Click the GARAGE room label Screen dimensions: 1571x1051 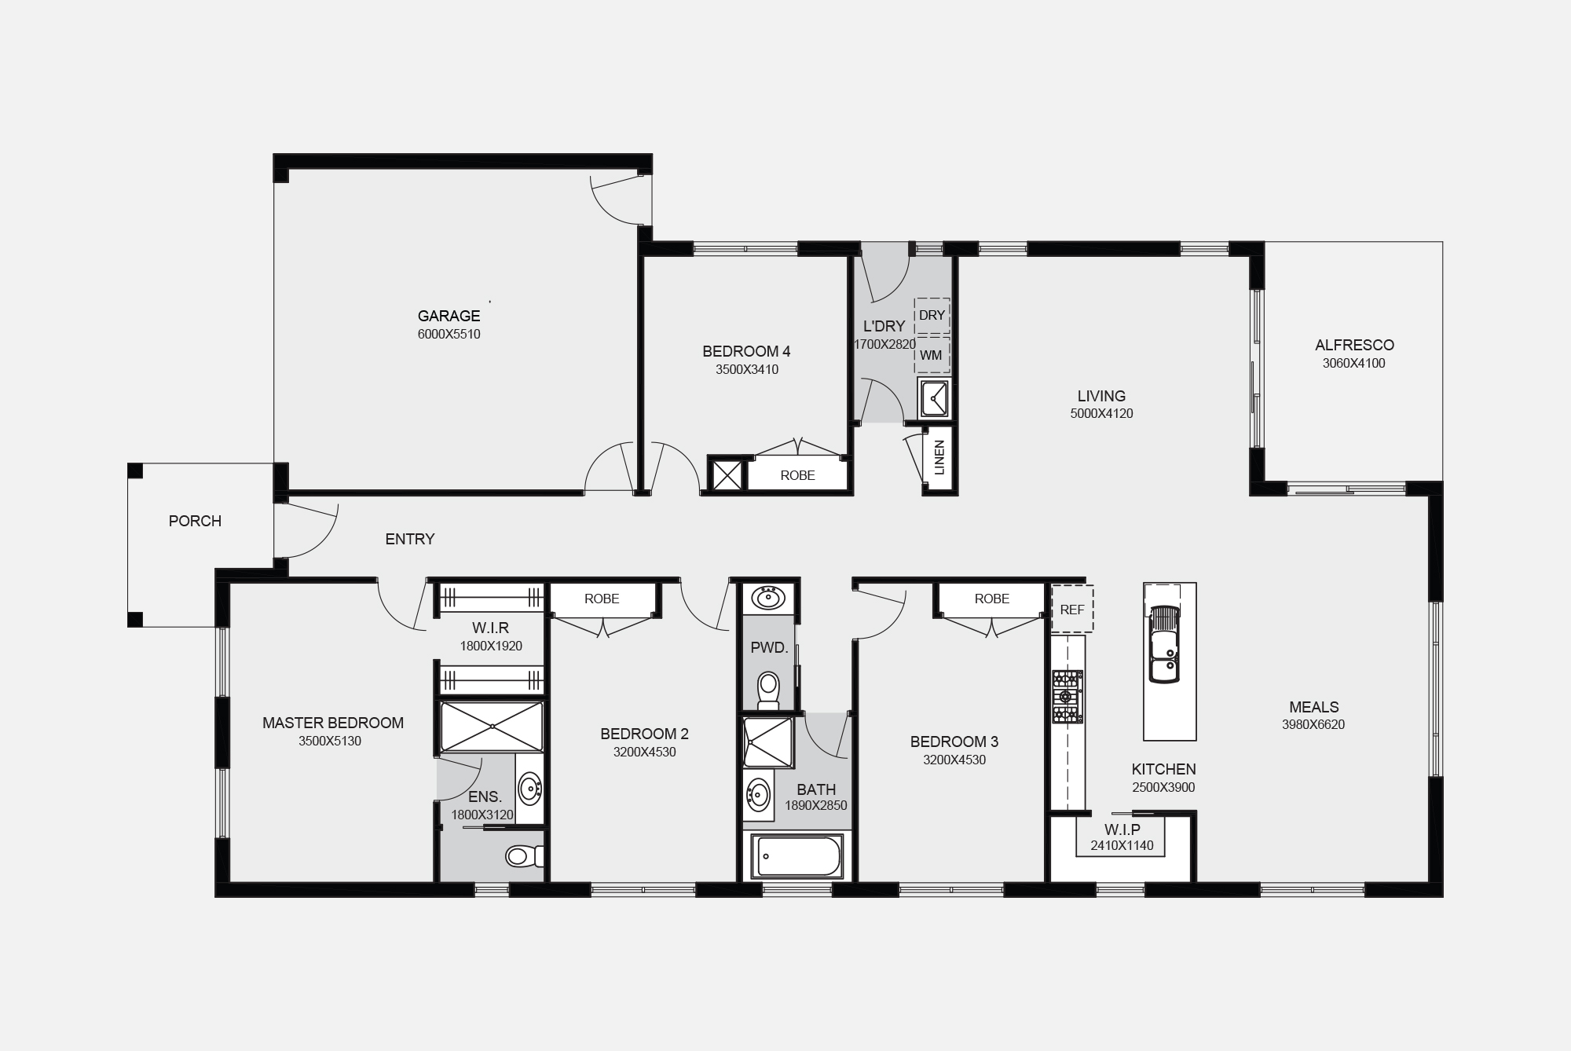(449, 316)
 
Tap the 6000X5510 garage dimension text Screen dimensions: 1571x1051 (449, 335)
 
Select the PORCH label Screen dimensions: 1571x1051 (195, 521)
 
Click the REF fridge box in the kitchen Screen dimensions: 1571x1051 (1072, 609)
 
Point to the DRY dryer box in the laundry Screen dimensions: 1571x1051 (932, 316)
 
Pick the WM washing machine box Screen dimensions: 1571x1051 (932, 355)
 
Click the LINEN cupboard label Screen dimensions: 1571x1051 (939, 458)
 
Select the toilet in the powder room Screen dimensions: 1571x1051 (767, 689)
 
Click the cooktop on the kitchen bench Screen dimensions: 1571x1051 (1067, 697)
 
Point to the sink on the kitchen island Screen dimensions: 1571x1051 (1163, 645)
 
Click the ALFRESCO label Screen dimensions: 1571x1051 (1354, 345)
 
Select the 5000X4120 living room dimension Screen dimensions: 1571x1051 (1101, 414)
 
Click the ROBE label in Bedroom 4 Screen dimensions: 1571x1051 (797, 475)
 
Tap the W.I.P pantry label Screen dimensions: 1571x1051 (1122, 829)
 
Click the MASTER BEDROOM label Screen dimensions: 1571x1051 (333, 723)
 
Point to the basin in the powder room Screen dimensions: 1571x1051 (767, 598)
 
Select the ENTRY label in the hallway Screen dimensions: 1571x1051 (410, 539)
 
